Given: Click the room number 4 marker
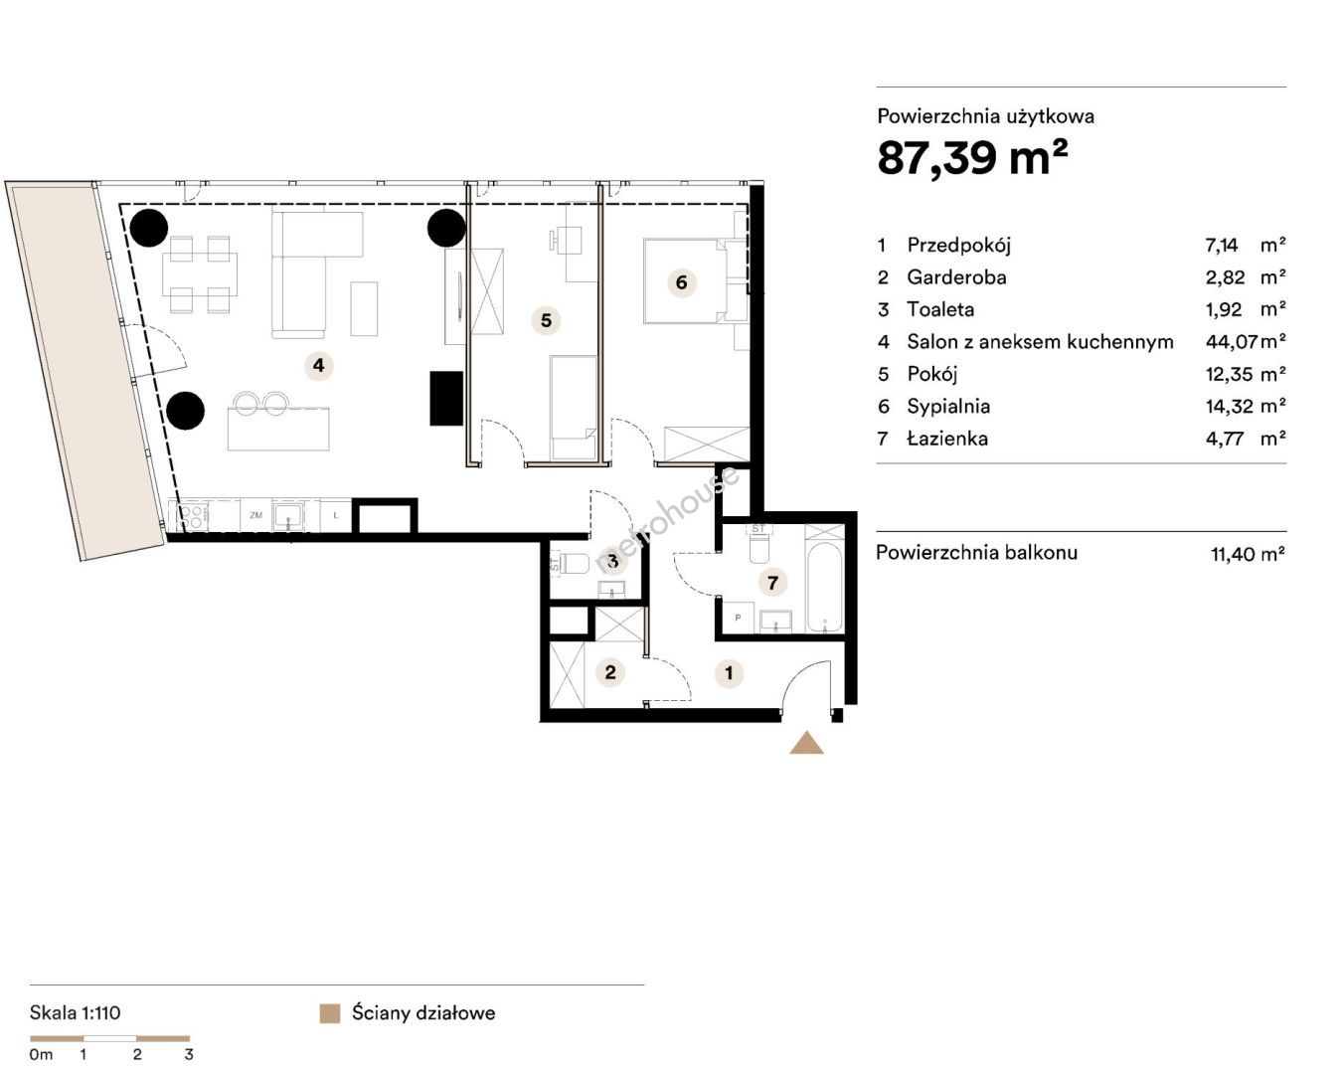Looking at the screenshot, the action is pyautogui.click(x=318, y=365).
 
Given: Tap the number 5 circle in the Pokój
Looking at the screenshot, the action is pyautogui.click(x=546, y=320).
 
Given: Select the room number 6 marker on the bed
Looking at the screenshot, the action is pyautogui.click(x=682, y=282).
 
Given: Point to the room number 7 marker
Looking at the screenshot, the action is pyautogui.click(x=772, y=583).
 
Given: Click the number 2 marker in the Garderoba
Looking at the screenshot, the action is pyautogui.click(x=610, y=672).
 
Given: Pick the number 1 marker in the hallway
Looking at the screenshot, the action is pyautogui.click(x=729, y=673).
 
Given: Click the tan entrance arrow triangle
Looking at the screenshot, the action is pyautogui.click(x=806, y=743).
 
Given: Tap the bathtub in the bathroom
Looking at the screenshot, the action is pyautogui.click(x=824, y=588).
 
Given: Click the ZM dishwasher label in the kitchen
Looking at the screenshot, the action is pyautogui.click(x=255, y=515).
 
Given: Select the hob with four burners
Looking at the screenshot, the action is pyautogui.click(x=191, y=516).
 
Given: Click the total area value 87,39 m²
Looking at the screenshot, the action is pyautogui.click(x=972, y=157).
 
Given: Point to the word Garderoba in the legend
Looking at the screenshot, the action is pyautogui.click(x=956, y=277).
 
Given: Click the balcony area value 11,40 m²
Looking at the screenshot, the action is pyautogui.click(x=1249, y=554).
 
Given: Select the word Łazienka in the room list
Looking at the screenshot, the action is pyautogui.click(x=947, y=439).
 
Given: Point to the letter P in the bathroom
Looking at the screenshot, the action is pyautogui.click(x=738, y=618).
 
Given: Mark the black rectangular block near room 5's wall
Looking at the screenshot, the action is pyautogui.click(x=446, y=399).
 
